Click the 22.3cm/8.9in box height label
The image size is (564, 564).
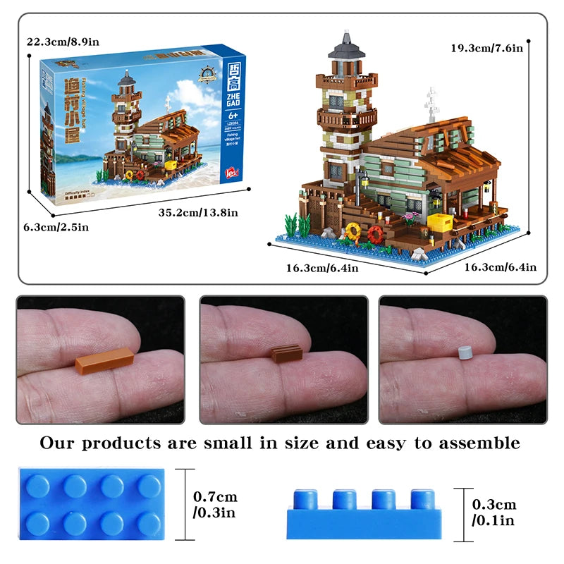(63, 42)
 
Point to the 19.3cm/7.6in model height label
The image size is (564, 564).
(487, 48)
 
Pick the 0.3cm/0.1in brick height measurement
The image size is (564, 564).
(494, 513)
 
